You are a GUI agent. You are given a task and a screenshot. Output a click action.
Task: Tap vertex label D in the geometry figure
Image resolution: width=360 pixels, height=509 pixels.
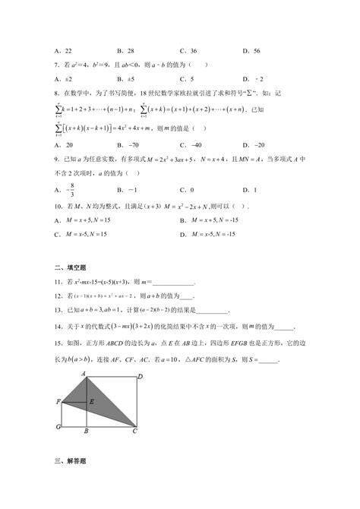click(x=141, y=376)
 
